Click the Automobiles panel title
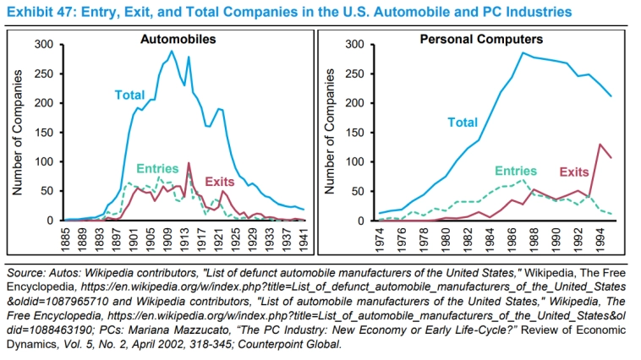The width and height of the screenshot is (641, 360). (x=178, y=40)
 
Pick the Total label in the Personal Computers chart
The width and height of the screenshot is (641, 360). (x=462, y=123)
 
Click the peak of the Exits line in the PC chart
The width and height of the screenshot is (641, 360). (x=600, y=145)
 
